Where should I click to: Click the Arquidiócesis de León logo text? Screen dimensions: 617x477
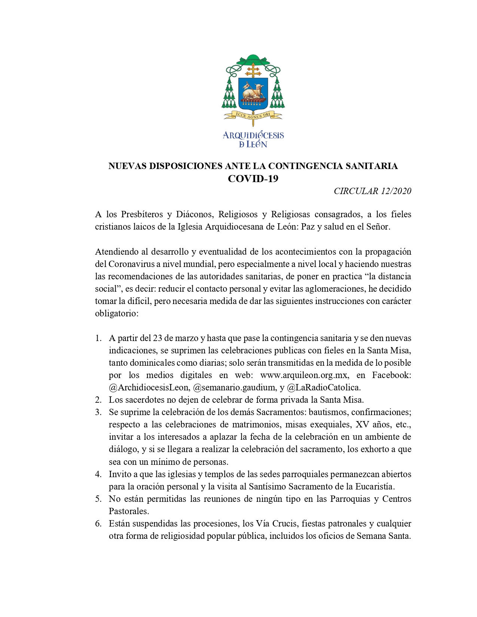click(x=253, y=139)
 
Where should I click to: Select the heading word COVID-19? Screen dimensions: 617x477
click(x=253, y=179)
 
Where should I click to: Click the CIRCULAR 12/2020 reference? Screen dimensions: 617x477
click(x=372, y=191)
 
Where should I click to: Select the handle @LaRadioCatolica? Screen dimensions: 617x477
click(x=324, y=387)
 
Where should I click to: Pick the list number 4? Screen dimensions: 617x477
click(x=98, y=474)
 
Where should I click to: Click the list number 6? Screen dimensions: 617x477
click(x=98, y=524)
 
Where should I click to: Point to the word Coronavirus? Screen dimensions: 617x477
click(x=131, y=264)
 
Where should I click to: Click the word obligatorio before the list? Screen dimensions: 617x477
click(x=117, y=313)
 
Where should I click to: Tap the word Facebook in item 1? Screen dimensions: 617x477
click(x=391, y=375)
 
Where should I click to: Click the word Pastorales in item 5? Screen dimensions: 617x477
click(x=129, y=511)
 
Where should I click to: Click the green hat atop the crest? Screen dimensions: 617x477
click(x=253, y=59)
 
